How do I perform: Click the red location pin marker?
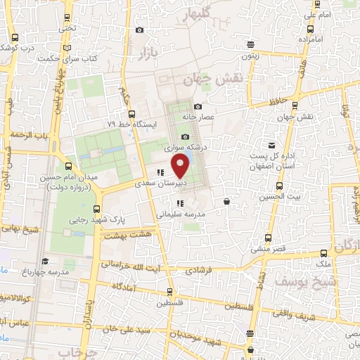(181, 166)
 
